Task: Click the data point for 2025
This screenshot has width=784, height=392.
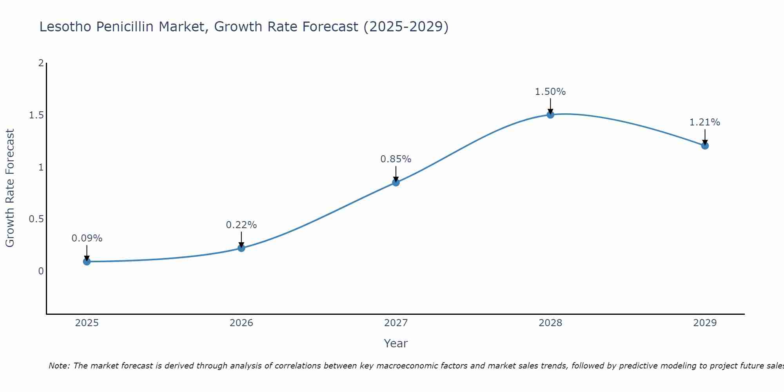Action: [87, 261]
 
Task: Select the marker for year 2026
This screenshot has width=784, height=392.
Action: [241, 248]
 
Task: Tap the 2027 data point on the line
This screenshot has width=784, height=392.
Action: [396, 182]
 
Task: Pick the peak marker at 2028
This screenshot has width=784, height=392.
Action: [550, 114]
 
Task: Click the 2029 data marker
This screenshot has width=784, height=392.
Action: [704, 145]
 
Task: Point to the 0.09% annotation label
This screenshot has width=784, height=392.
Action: [87, 238]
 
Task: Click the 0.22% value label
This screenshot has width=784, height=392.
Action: [241, 225]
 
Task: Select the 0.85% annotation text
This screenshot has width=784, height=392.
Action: [396, 159]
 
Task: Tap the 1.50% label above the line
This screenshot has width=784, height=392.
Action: [550, 92]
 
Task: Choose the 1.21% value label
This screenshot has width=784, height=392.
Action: [704, 122]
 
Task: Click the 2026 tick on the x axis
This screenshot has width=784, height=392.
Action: [241, 323]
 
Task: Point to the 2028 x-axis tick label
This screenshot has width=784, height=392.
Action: [550, 323]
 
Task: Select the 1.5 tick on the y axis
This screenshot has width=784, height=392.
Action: [36, 115]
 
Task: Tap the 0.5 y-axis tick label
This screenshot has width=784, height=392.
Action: [36, 219]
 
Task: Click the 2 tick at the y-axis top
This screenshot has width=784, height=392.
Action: [41, 63]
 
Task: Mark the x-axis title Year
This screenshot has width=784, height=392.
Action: [396, 343]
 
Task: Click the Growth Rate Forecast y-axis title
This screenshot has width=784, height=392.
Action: [10, 188]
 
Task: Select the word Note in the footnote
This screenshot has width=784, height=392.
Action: [58, 366]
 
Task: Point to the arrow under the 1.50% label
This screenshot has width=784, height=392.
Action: [550, 106]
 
